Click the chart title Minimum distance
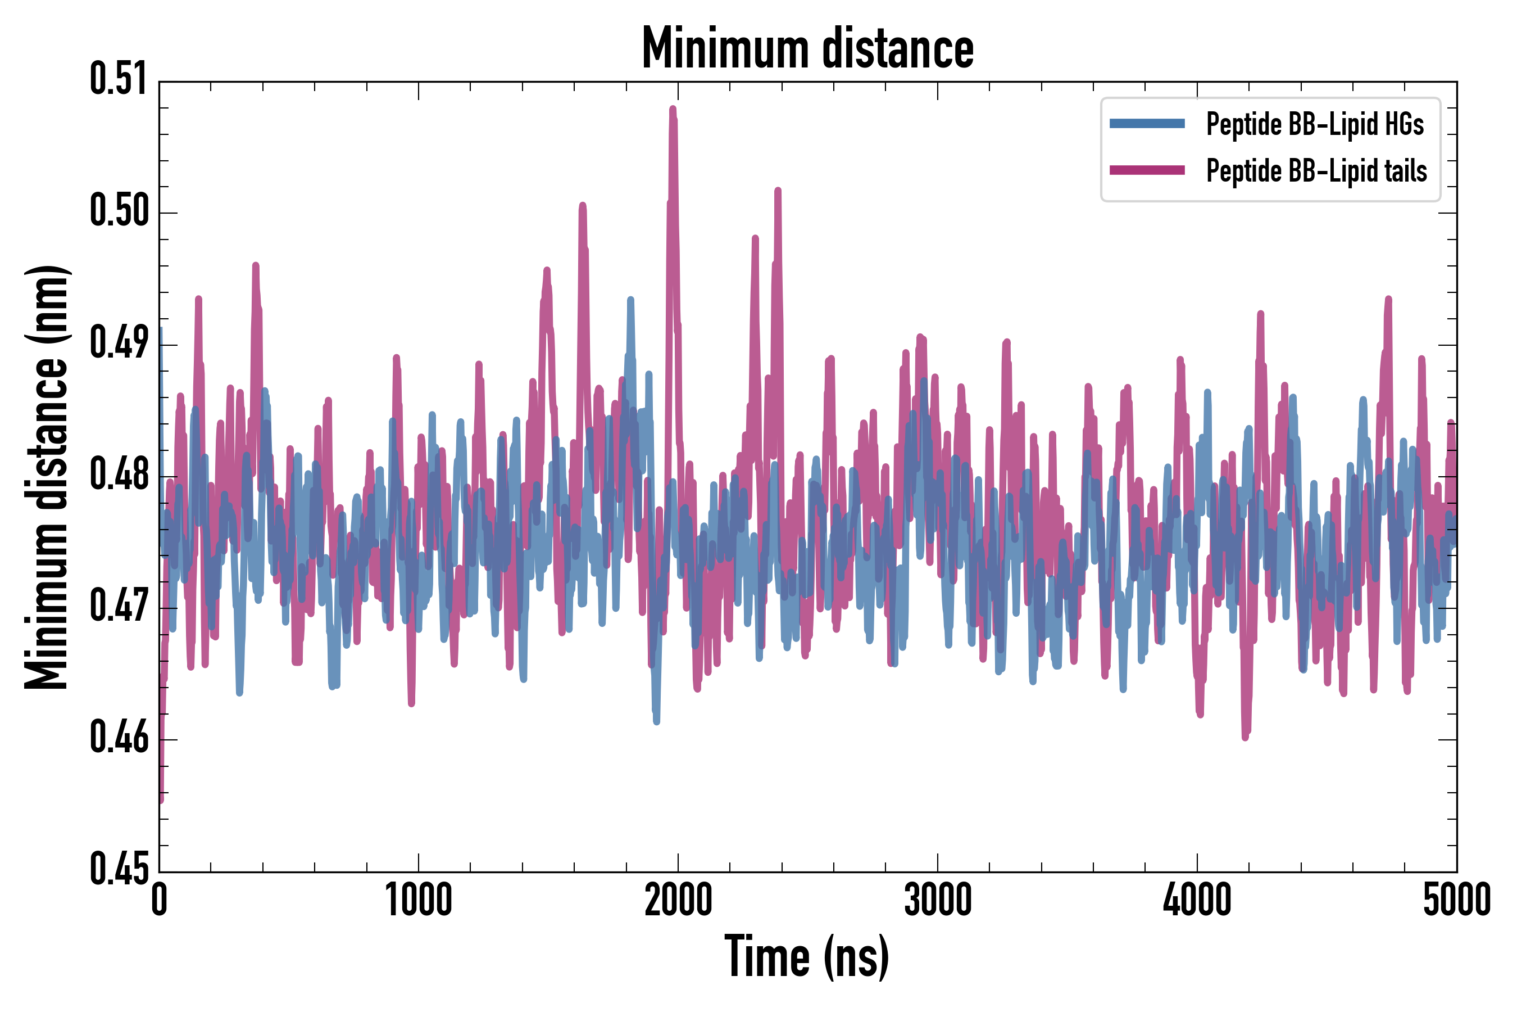(807, 48)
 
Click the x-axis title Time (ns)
(807, 957)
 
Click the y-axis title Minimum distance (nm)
(47, 477)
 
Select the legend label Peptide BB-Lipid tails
(1316, 171)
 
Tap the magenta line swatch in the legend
(1147, 170)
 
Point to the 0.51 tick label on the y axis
(119, 79)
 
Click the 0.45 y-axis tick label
(119, 869)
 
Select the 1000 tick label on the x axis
(419, 900)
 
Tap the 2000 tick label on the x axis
(678, 900)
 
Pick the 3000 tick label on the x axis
(937, 900)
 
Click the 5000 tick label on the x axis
(1456, 900)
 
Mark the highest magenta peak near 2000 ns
(673, 110)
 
